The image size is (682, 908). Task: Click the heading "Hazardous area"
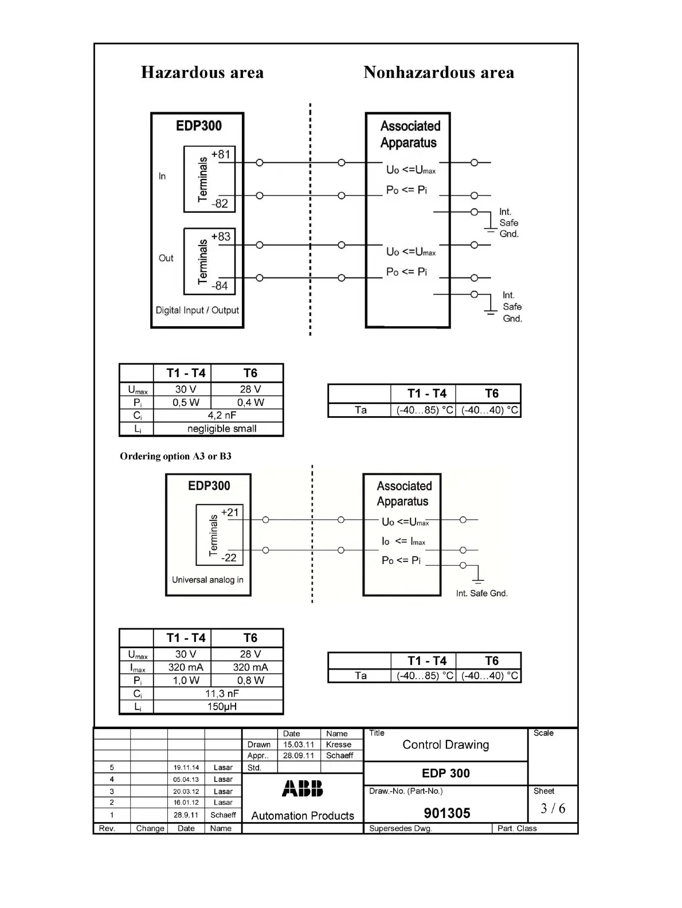click(x=202, y=73)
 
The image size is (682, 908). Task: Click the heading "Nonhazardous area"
click(x=438, y=73)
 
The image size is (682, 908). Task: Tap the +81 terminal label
click(x=221, y=155)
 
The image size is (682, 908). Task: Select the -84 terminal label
click(x=220, y=285)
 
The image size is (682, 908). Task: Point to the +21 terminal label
click(x=230, y=512)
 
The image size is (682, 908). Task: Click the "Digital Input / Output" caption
click(x=197, y=310)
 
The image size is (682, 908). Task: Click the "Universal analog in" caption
click(x=207, y=580)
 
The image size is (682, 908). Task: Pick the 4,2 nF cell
click(x=222, y=416)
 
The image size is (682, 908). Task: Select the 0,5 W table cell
click(x=186, y=402)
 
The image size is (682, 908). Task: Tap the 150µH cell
click(x=222, y=707)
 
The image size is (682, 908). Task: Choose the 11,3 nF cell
click(x=222, y=694)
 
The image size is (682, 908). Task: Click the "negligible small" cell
click(x=222, y=429)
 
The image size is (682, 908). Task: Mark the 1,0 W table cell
click(x=186, y=680)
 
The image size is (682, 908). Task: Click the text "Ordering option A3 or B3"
click(x=175, y=456)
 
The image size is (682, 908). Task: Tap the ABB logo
click(x=303, y=789)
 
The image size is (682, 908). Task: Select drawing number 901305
click(x=447, y=813)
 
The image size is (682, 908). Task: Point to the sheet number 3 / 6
click(x=552, y=808)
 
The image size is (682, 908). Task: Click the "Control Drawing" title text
click(x=445, y=745)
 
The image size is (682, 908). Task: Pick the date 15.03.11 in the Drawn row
click(x=298, y=745)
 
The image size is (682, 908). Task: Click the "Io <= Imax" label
click(x=403, y=542)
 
